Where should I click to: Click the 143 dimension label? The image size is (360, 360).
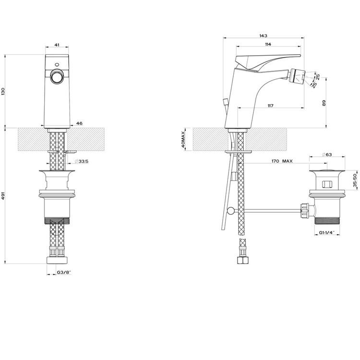coord(264,36)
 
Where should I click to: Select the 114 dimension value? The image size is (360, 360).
coord(268,44)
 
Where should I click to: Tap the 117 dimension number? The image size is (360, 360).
coord(270,106)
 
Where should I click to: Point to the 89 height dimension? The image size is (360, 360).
coord(324,103)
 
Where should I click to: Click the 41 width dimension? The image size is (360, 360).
coord(57,45)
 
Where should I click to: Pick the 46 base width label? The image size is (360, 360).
coord(79,123)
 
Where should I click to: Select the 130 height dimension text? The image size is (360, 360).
coord(3,91)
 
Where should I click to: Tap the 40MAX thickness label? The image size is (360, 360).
coord(183,139)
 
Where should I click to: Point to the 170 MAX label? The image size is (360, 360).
coord(282,161)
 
